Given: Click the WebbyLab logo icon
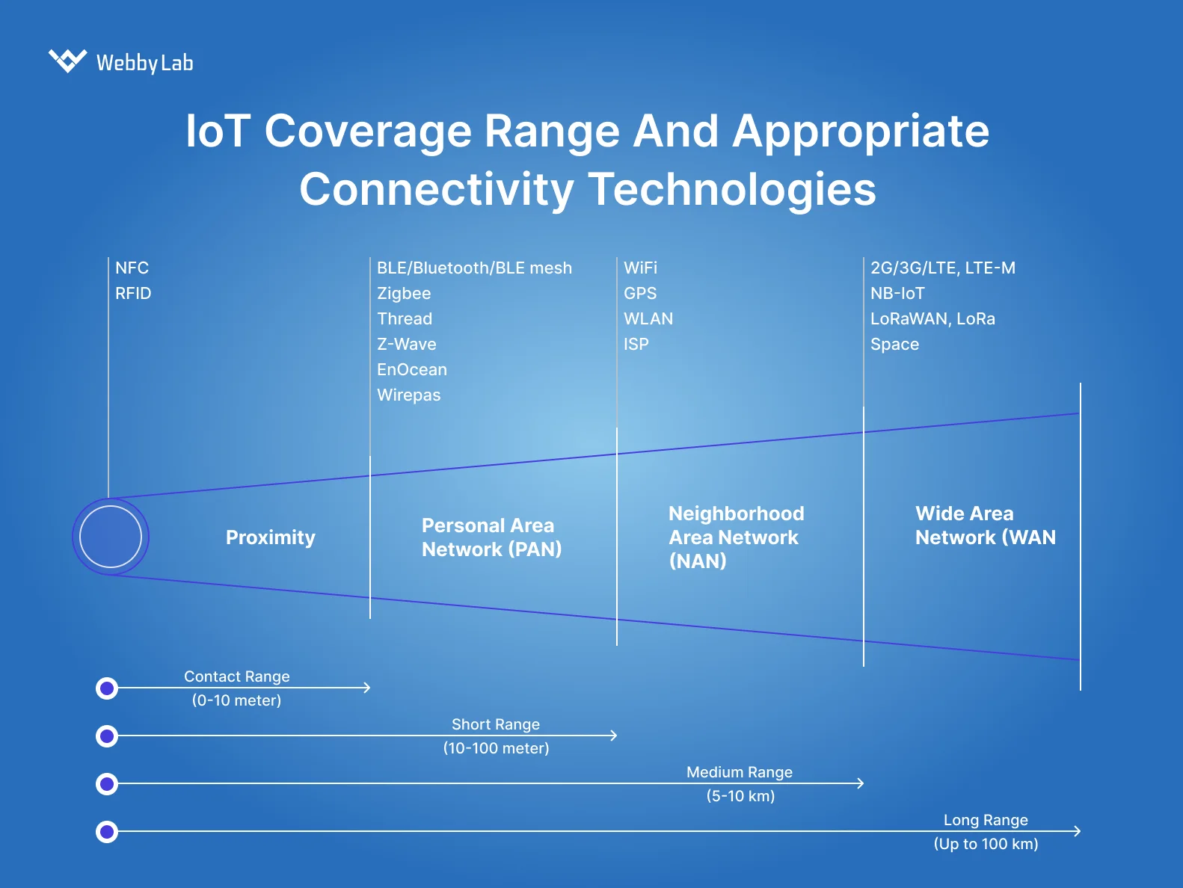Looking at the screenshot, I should [x=67, y=61].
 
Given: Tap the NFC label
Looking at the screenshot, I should [x=132, y=268].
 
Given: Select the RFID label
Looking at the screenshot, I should [x=133, y=293].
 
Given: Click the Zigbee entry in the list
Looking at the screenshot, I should [x=404, y=293].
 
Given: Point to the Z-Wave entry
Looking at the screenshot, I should [x=406, y=344].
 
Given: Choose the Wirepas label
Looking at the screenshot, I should [x=408, y=395].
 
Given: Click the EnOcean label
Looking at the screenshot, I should [x=411, y=369].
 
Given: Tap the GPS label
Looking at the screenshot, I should [x=640, y=293].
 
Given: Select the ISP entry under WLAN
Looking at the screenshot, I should [x=636, y=344].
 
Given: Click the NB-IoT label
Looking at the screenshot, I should [x=897, y=293].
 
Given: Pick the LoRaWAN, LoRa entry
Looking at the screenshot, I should [x=932, y=318].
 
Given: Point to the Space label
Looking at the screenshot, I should [x=894, y=344].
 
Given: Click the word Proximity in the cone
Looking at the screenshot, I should [x=270, y=537].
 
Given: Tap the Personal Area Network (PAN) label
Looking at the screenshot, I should [x=491, y=537].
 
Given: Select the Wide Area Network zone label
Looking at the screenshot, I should [x=985, y=525].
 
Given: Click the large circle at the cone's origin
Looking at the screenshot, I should [x=111, y=537].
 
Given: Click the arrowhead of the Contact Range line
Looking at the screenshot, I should [x=366, y=688].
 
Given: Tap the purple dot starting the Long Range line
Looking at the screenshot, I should [x=107, y=831].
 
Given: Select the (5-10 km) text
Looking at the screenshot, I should [x=740, y=796].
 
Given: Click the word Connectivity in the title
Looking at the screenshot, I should [x=436, y=189].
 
